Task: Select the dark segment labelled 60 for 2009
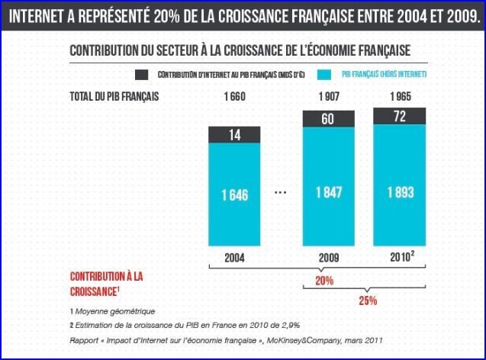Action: tap(329, 118)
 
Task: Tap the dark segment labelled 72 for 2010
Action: tap(399, 116)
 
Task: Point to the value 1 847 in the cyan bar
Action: tap(329, 191)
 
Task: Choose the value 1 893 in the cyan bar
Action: tap(399, 191)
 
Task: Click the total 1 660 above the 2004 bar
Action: tap(237, 97)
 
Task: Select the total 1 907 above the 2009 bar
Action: tap(329, 97)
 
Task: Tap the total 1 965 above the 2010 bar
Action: tap(399, 97)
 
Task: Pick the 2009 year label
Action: tap(329, 257)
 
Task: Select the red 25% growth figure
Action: tap(368, 300)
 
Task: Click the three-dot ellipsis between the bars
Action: tap(280, 193)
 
